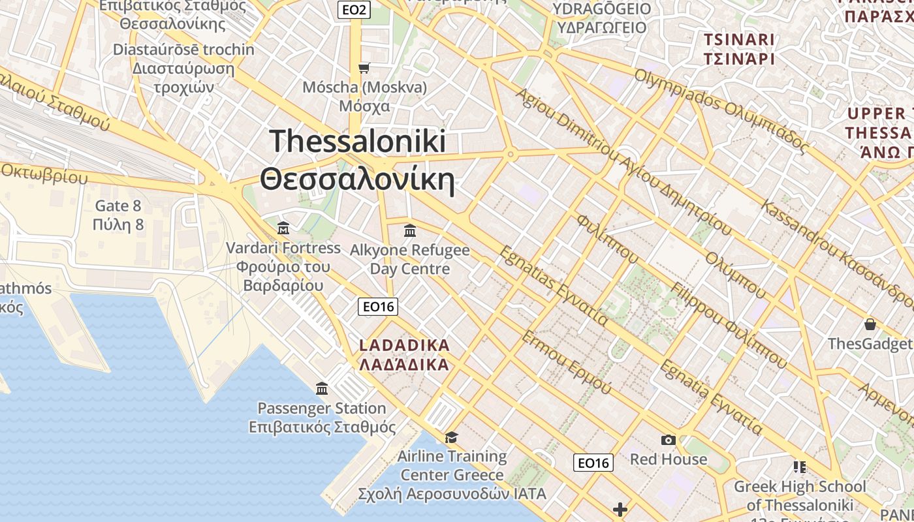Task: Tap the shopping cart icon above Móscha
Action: coord(364,68)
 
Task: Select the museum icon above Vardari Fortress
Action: coord(283,228)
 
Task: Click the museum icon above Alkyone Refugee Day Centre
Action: coord(410,230)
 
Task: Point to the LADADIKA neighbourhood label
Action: coord(404,354)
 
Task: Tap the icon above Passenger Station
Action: coord(322,389)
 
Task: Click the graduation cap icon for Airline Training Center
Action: coord(451,437)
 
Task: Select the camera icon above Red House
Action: coord(668,440)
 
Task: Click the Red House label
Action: coord(668,459)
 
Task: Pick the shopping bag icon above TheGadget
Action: coord(870,324)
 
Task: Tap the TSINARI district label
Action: coord(739,49)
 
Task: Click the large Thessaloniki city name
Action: coord(358,161)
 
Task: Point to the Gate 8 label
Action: coord(118,215)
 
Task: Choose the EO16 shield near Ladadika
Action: coord(379,307)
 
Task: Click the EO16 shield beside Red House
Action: coord(593,463)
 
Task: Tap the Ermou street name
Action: coord(566,362)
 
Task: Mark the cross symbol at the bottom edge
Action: coord(620,509)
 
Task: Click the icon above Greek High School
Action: coord(800,467)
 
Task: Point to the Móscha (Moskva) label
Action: coord(365,96)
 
